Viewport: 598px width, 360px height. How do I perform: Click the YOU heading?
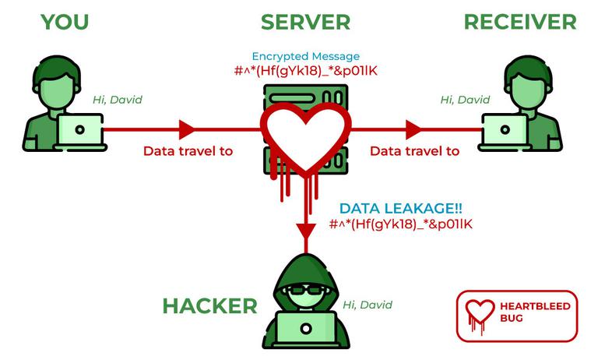[65, 22]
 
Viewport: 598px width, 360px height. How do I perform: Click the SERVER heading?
[305, 22]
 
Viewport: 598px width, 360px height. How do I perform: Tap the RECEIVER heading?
[520, 22]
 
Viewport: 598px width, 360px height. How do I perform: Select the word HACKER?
[209, 305]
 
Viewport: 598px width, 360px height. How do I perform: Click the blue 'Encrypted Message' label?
[306, 57]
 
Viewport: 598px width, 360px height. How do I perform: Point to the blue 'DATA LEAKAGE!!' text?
[400, 208]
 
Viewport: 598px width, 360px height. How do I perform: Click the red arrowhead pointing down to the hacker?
[306, 231]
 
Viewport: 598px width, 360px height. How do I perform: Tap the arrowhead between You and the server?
[187, 129]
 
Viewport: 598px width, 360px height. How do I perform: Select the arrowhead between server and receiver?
[413, 129]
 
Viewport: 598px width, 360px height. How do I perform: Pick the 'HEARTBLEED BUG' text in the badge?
[535, 312]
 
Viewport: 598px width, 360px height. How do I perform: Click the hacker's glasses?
[306, 290]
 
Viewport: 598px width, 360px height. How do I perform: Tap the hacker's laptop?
[306, 328]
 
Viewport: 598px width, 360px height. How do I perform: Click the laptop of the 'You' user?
[79, 131]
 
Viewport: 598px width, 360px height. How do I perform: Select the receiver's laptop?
[505, 131]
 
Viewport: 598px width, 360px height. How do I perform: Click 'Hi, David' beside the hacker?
[368, 305]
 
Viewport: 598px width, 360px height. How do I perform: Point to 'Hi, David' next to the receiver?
[465, 100]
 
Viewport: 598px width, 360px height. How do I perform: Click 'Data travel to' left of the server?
[188, 151]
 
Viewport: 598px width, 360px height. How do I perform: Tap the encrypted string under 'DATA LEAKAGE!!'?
[400, 224]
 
